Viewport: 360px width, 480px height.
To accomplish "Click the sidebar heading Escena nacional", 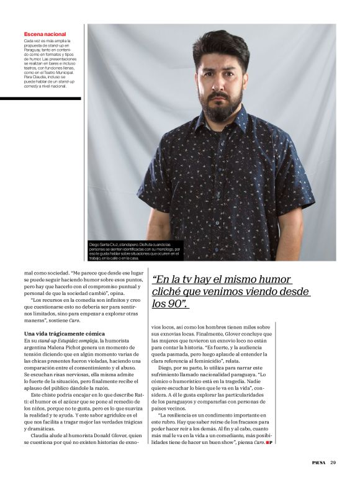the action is pyautogui.click(x=45, y=34).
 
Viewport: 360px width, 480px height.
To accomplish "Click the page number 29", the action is pyautogui.click(x=333, y=462).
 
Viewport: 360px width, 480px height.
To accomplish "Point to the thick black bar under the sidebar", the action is pyautogui.click(x=40, y=98).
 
